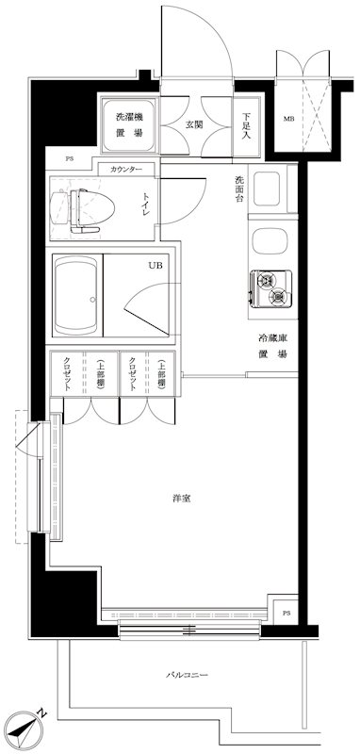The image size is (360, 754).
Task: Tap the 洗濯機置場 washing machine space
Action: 129,125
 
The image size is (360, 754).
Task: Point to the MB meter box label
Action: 287,119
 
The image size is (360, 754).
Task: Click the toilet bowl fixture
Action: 83,207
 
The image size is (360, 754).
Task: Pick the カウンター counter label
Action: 126,170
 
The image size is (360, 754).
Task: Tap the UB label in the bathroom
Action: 152,265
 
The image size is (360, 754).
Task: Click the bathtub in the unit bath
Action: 76,295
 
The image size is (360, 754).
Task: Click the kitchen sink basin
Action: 269,241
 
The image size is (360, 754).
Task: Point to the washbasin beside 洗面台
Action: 267,188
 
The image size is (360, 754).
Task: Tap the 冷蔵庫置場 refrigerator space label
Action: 273,346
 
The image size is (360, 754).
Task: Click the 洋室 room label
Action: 182,499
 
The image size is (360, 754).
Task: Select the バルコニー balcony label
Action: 187,675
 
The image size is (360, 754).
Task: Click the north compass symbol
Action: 26,728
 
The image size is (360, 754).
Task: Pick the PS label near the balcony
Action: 286,614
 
